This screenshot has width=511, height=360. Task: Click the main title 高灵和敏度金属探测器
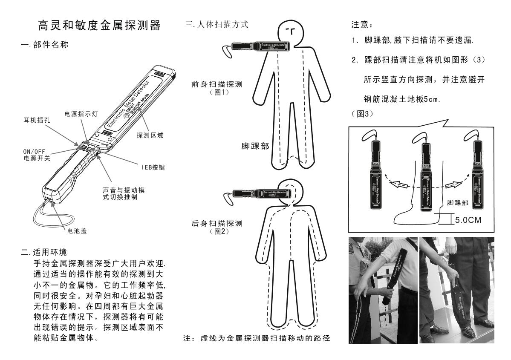click(99, 25)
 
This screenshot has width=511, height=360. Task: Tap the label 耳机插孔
click(37, 120)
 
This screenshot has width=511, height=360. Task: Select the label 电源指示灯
click(81, 114)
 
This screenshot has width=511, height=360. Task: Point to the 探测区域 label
click(150, 135)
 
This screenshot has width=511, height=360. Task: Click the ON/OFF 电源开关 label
click(37, 155)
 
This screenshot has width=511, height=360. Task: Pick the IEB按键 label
click(153, 167)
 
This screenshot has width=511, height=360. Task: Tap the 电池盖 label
click(77, 231)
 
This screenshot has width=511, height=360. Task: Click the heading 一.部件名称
click(45, 45)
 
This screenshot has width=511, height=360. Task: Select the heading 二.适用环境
click(44, 252)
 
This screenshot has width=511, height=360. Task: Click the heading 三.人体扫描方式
click(217, 24)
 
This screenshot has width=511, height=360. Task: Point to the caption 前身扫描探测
click(217, 84)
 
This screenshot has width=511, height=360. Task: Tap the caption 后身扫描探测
click(217, 224)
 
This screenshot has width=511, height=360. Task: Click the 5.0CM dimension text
click(468, 220)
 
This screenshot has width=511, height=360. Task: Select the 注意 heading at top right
click(362, 24)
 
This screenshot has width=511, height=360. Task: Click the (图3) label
click(362, 114)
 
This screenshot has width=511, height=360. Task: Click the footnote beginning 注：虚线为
click(257, 339)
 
